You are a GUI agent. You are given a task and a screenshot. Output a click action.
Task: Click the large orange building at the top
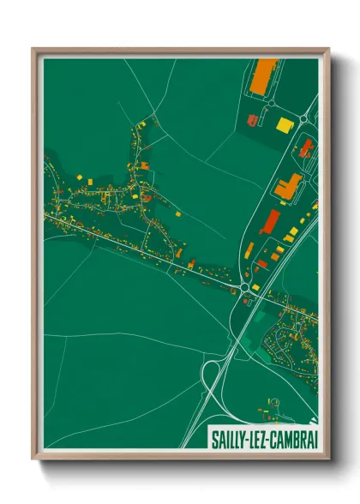click(264, 75)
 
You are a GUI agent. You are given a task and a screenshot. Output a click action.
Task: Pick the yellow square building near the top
click(283, 125)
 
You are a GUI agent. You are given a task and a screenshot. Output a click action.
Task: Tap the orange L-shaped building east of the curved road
click(289, 184)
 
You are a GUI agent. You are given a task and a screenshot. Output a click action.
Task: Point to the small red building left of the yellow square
click(252, 120)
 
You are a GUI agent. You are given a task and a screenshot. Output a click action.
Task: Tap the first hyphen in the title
click(247, 439)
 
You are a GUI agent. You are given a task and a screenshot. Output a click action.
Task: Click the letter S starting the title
click(213, 438)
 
